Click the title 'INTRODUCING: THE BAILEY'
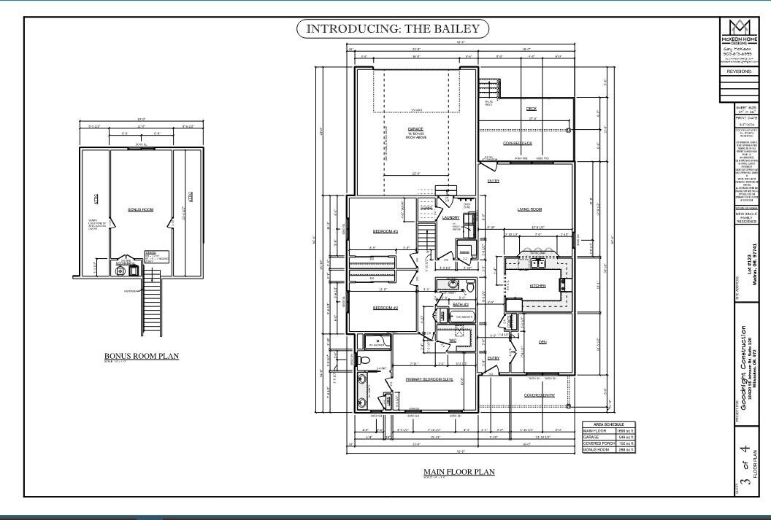click(x=392, y=29)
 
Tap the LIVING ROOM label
click(x=529, y=209)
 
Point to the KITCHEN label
click(x=537, y=286)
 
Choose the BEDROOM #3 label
click(x=385, y=231)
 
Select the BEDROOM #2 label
click(x=385, y=308)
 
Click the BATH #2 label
click(x=460, y=304)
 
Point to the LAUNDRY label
click(x=450, y=217)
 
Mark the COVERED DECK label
click(x=517, y=143)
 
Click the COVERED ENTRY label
click(x=539, y=395)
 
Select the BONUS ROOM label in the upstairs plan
click(x=140, y=209)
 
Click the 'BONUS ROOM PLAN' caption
click(x=142, y=356)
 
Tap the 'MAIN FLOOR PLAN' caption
click(x=459, y=472)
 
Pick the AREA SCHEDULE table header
click(x=609, y=424)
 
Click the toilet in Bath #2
click(x=470, y=288)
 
